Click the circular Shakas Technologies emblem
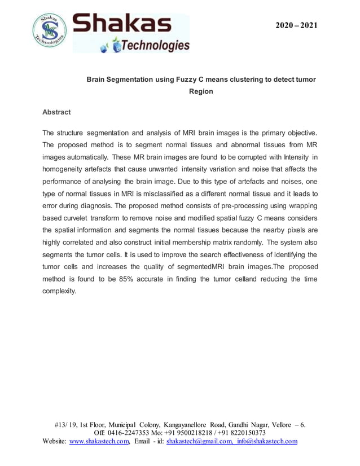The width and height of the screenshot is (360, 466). (50, 32)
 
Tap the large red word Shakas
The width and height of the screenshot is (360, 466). (123, 24)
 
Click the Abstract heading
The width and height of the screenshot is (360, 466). (56, 112)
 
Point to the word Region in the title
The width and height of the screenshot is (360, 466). (201, 91)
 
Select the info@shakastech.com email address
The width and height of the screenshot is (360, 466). (267, 441)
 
